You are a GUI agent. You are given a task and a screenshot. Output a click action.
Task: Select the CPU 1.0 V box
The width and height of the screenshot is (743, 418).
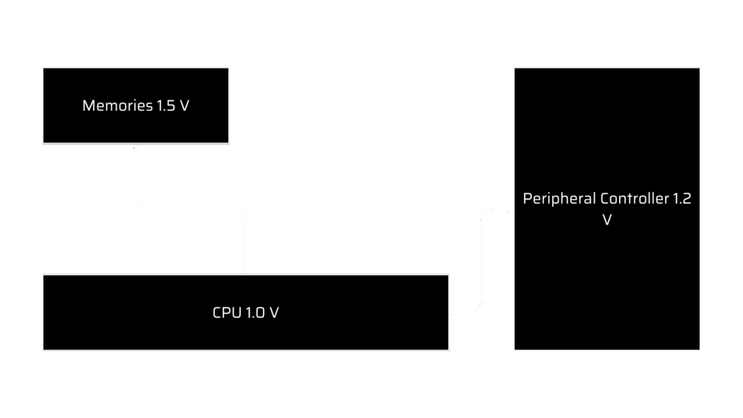tap(245, 330)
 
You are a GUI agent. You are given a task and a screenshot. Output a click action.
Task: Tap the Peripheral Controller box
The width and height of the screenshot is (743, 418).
tap(607, 276)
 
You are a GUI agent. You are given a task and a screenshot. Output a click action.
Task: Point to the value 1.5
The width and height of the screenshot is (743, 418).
tap(165, 106)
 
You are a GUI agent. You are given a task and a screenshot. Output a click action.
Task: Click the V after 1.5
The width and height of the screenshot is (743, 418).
tap(184, 106)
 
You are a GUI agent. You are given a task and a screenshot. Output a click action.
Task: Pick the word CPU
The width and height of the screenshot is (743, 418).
tap(225, 313)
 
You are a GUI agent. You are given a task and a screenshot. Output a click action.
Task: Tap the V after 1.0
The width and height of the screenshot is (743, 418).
tap(274, 313)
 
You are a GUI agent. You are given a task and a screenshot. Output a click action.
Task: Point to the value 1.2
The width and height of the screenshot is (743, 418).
tap(682, 200)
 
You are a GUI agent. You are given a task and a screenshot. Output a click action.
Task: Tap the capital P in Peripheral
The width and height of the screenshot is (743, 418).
tap(528, 200)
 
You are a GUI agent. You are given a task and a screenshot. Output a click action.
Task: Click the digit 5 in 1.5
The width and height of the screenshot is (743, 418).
tap(171, 106)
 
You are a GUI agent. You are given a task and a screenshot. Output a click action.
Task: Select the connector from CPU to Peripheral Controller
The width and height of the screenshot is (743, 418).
tap(483, 261)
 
